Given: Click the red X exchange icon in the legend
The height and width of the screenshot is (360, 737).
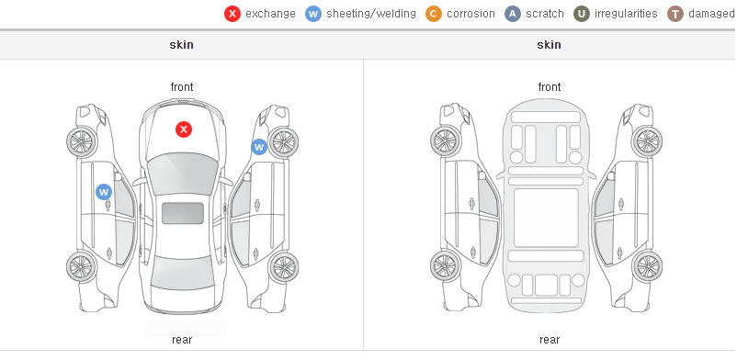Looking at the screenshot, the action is point(232,14).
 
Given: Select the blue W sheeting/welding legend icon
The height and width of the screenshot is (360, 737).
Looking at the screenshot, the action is point(313,14).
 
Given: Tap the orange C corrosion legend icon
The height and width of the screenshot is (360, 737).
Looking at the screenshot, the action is point(434,14).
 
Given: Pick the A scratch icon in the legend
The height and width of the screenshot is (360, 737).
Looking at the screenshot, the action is point(513,14).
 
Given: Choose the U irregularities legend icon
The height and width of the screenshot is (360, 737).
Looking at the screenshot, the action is point(582,14).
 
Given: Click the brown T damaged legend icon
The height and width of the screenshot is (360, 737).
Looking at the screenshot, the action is point(675,14).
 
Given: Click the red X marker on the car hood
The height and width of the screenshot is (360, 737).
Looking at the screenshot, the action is point(184,129).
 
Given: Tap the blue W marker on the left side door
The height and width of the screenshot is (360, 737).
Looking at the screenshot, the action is point(104,192).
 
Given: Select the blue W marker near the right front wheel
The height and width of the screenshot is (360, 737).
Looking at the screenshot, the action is point(259,147).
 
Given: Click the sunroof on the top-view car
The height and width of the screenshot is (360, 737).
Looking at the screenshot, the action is point(183,213).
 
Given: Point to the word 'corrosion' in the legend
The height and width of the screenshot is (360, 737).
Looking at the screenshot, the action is point(471,14).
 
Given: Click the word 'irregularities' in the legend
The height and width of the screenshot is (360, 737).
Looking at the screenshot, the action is point(626,14).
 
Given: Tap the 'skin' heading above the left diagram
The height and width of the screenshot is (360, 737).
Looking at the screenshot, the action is point(181,45).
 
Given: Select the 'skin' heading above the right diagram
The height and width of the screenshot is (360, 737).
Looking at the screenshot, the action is point(549,45).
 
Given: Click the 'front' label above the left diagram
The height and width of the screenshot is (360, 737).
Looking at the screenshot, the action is point(182,87).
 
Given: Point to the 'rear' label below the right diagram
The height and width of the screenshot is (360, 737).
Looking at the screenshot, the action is point(550,340).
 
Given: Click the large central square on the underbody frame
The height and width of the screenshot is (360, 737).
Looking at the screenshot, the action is point(546,218).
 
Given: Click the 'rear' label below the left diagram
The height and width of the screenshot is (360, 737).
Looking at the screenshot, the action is point(182,340).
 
